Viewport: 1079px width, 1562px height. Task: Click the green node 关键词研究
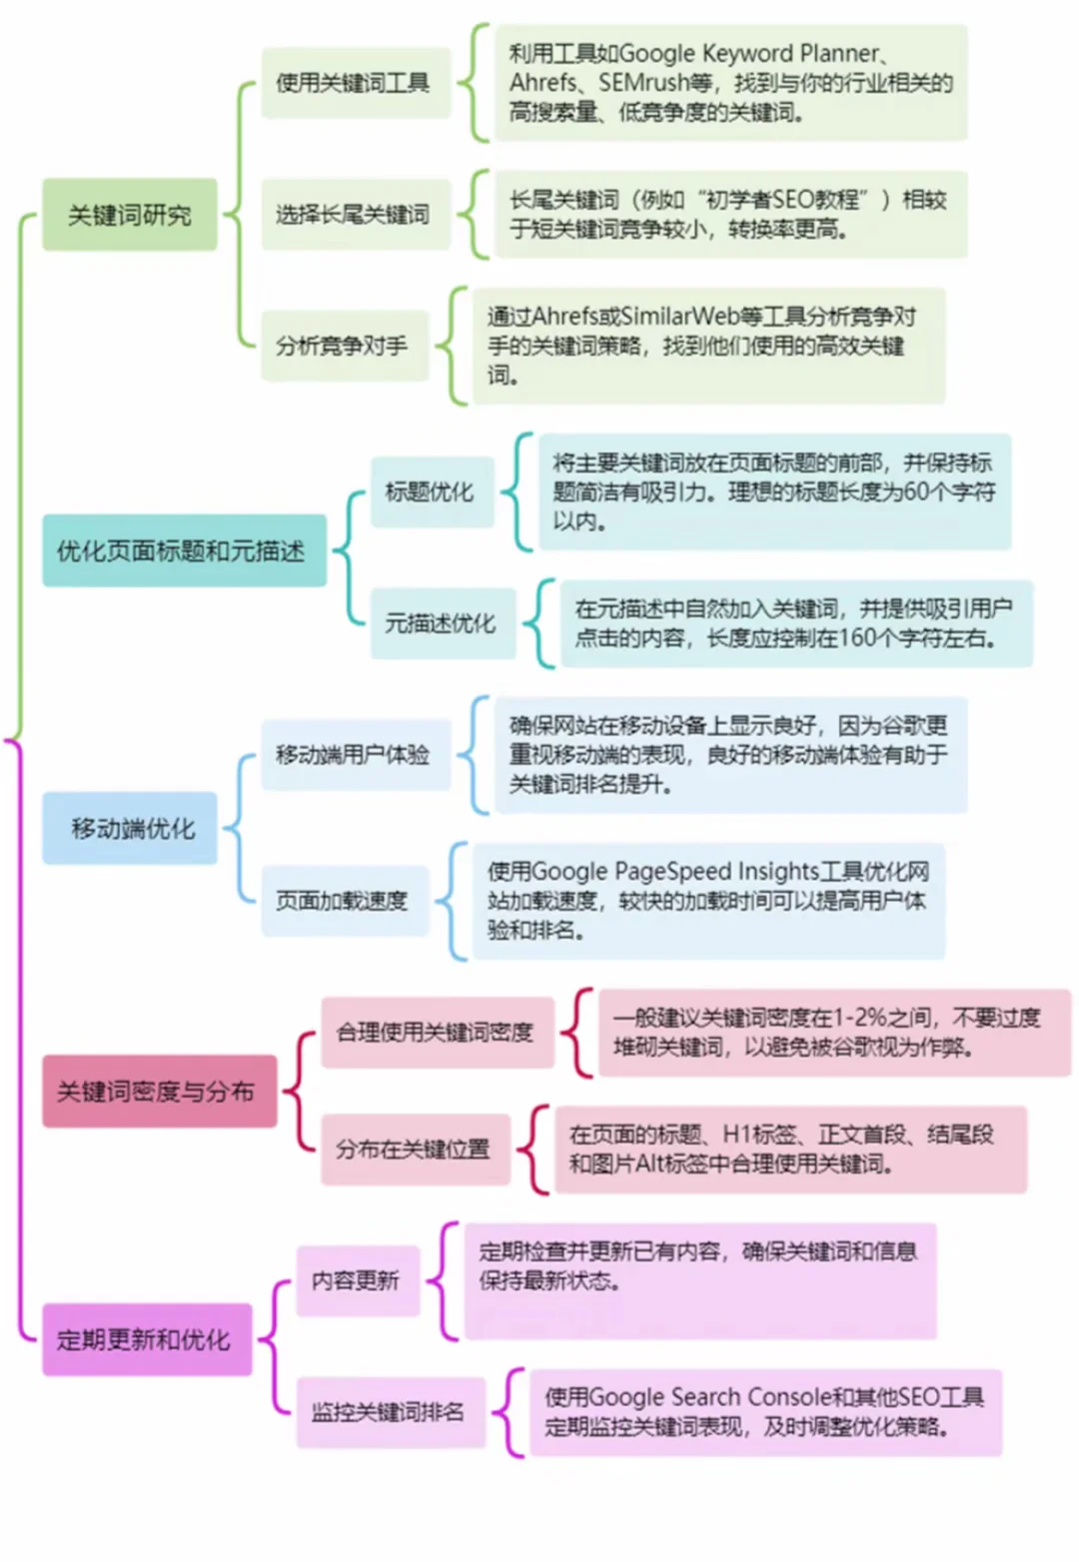(x=130, y=214)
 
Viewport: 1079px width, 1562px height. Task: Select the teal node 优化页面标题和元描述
(x=184, y=551)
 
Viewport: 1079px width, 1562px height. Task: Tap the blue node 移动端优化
(x=130, y=828)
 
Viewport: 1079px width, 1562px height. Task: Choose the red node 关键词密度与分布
(x=160, y=1092)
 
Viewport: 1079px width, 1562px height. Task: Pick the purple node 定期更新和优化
(x=147, y=1339)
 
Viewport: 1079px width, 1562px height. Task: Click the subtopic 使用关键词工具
(x=356, y=83)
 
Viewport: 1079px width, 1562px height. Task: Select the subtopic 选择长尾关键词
(x=356, y=214)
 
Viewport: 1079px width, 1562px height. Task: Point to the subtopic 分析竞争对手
(x=345, y=346)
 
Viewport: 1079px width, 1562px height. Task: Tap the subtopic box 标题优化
(x=432, y=491)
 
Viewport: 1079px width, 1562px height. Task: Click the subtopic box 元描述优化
(x=443, y=623)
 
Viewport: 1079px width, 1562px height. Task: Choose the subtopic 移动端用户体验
(x=356, y=754)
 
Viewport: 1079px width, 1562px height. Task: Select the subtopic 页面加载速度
(x=345, y=900)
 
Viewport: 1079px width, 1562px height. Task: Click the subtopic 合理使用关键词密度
(x=438, y=1032)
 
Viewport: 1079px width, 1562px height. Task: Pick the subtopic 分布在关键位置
(x=416, y=1150)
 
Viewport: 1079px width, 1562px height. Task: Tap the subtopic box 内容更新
(x=358, y=1280)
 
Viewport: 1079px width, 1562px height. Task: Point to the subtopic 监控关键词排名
(x=391, y=1412)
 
